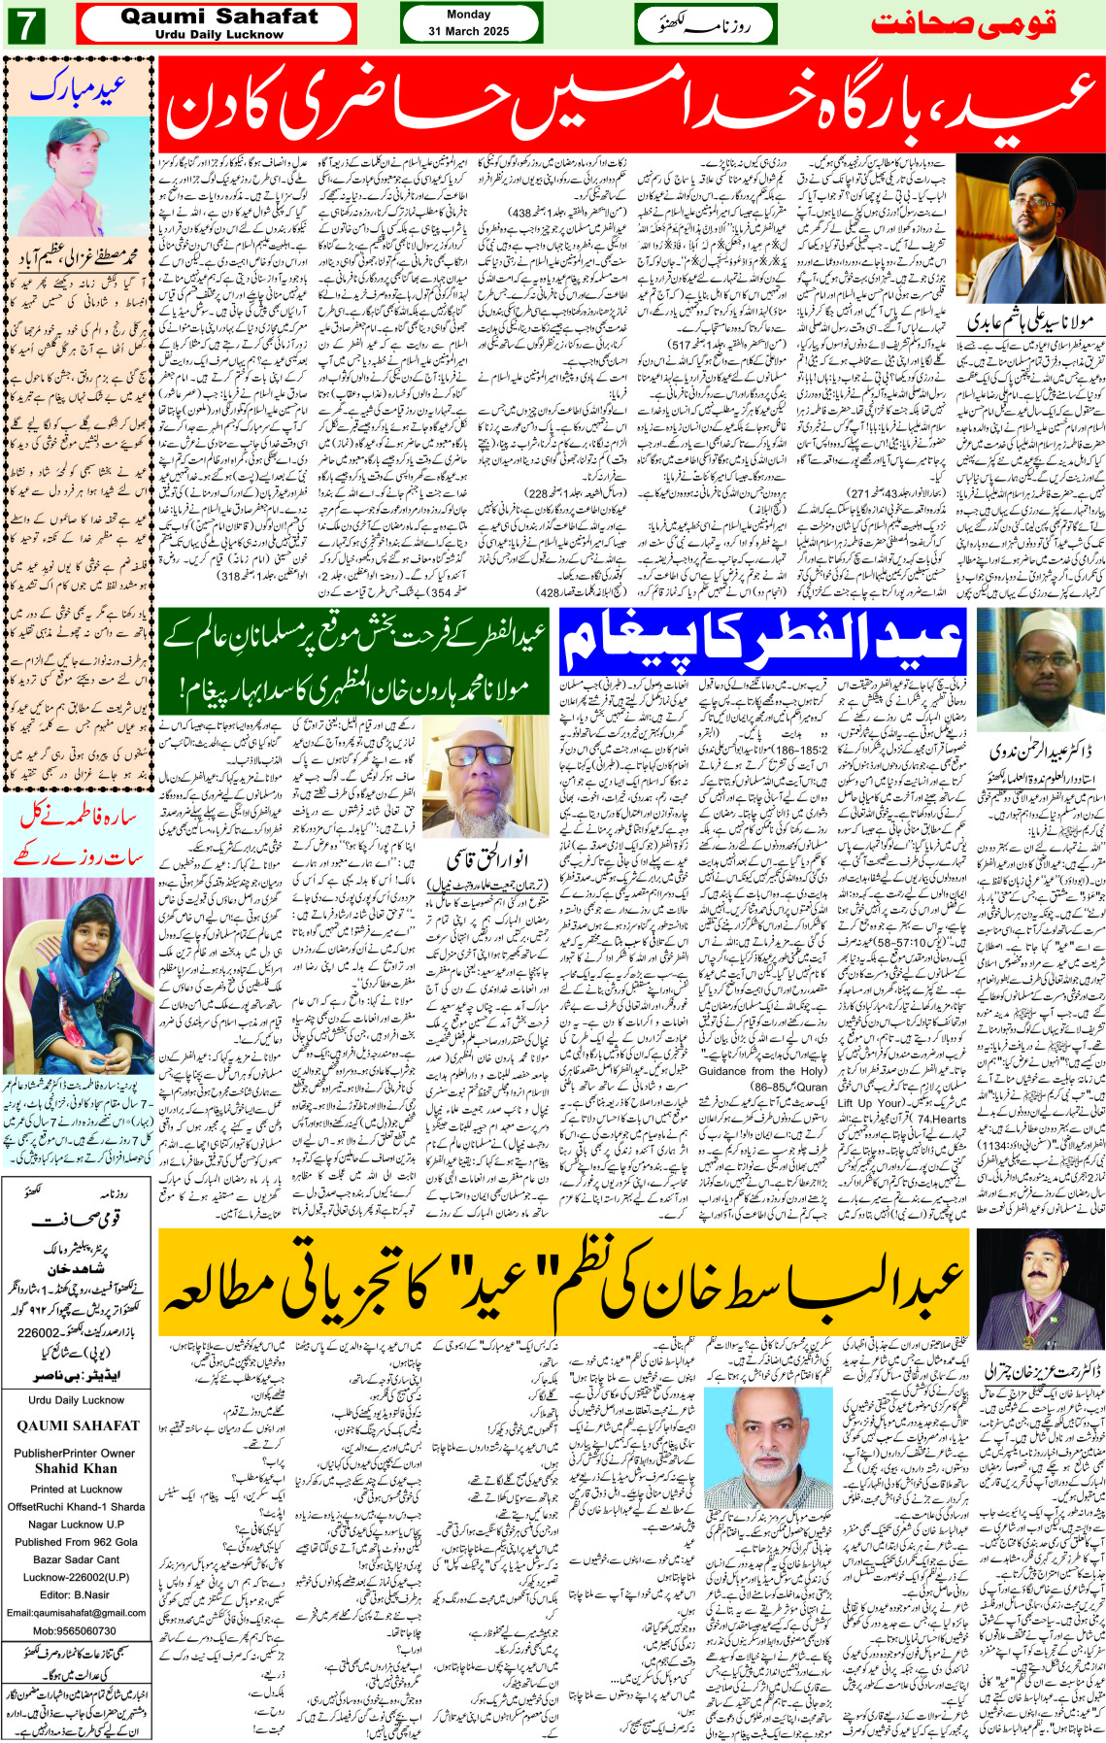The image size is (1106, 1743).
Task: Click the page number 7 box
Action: tap(24, 25)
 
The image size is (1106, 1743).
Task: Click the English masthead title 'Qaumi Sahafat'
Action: tap(218, 17)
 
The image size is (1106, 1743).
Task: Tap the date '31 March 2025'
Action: tap(469, 31)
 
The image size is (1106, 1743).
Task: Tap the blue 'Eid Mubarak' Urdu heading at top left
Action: tap(78, 89)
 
